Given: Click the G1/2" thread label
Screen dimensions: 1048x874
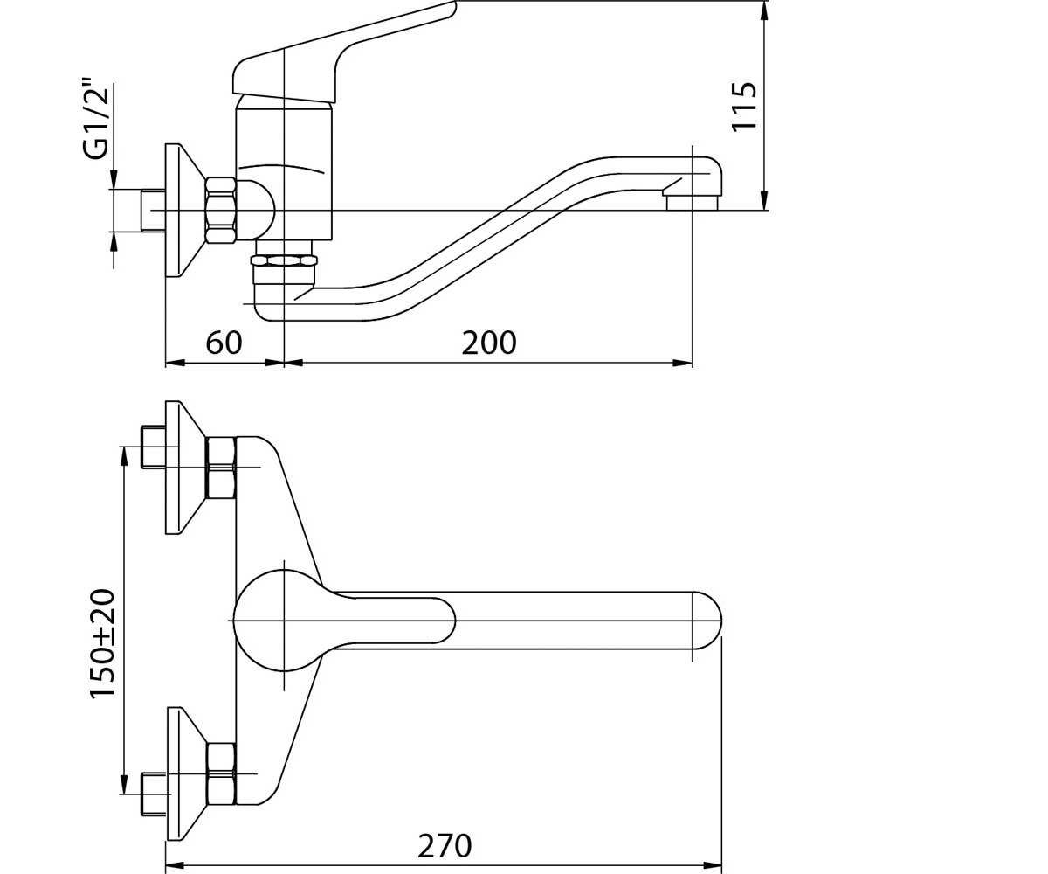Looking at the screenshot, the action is (96, 119).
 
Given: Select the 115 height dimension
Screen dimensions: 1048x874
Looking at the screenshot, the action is (743, 107).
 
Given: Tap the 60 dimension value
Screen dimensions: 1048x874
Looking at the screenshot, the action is (224, 343).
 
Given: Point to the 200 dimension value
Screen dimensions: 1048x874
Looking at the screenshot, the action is (489, 343).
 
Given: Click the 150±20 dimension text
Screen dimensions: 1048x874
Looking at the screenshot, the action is (103, 643).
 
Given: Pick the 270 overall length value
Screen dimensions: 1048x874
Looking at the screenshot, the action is (445, 846).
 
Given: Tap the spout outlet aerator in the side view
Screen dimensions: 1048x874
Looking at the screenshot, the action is (693, 203).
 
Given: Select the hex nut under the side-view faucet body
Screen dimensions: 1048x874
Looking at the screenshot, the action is (284, 260).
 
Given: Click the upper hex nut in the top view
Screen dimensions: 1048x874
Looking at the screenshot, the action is (221, 468).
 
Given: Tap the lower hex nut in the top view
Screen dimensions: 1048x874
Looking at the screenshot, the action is (221, 774).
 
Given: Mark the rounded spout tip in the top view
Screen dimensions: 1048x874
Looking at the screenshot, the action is (707, 621).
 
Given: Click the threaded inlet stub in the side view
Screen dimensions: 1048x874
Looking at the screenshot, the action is (153, 211).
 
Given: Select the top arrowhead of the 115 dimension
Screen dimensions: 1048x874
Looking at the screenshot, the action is (763, 10).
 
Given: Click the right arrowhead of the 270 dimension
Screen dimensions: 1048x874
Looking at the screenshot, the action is (713, 865).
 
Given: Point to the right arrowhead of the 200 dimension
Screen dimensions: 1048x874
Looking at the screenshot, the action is (683, 362).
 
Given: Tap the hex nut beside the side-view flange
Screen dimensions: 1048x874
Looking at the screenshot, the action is (221, 211).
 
